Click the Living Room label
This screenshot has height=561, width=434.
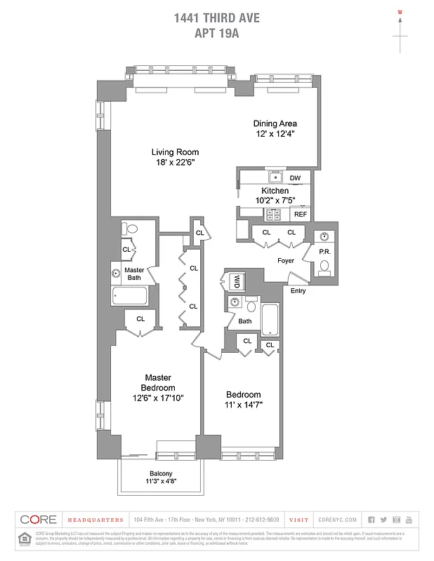[x=176, y=151]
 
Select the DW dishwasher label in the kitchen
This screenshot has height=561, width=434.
[x=296, y=178]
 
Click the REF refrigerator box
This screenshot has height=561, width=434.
[x=300, y=214]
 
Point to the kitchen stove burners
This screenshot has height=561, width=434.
[x=272, y=214]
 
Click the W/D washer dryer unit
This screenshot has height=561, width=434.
[x=237, y=281]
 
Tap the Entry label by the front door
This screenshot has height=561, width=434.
[x=298, y=290]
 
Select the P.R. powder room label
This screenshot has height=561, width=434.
[x=324, y=251]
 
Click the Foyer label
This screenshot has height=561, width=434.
[x=285, y=261]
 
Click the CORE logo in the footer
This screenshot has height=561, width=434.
[x=39, y=520]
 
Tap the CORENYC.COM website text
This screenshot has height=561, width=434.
[x=337, y=520]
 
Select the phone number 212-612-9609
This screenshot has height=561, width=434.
[x=263, y=520]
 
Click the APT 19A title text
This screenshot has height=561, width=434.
[x=216, y=32]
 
